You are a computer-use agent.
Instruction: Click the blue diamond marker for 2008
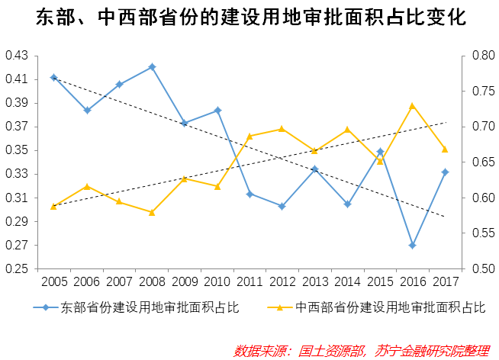(x=152, y=66)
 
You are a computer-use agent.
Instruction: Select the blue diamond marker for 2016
(x=412, y=246)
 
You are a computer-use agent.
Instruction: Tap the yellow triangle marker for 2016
(x=412, y=106)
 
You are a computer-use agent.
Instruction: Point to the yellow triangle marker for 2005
(x=53, y=206)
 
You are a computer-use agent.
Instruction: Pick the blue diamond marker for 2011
(x=250, y=194)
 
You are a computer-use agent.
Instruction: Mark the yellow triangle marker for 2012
(x=282, y=129)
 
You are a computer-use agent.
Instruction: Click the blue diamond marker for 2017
(x=445, y=172)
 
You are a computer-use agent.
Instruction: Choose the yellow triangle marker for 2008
(x=152, y=212)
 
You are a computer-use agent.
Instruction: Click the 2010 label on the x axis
(x=217, y=281)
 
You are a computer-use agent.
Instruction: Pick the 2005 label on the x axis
(x=54, y=281)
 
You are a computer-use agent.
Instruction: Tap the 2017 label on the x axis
(x=446, y=281)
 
